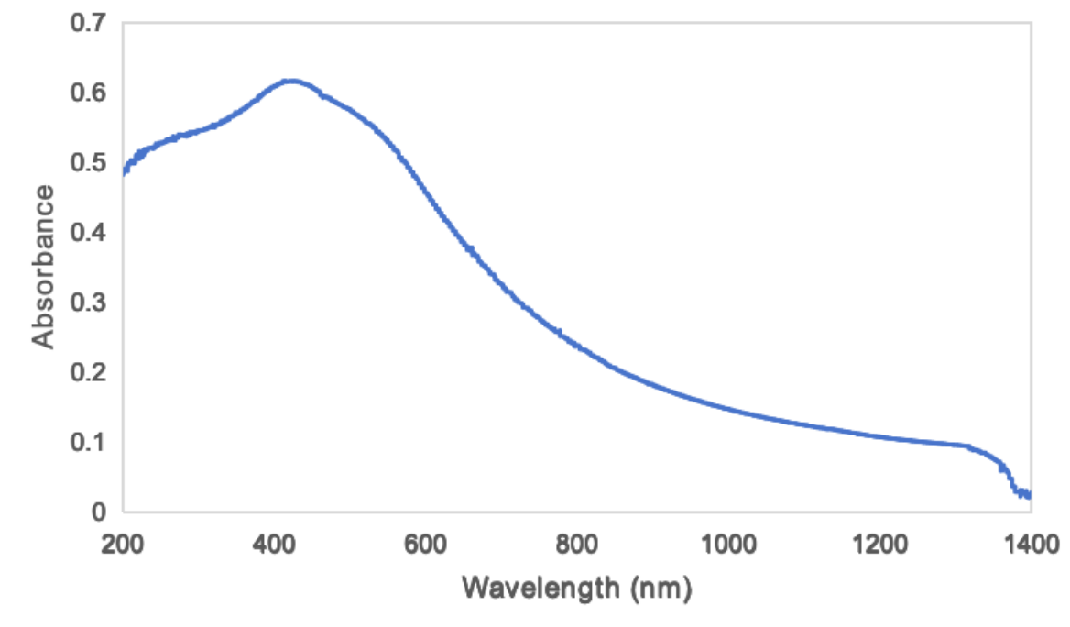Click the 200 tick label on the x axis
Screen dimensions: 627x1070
(x=123, y=544)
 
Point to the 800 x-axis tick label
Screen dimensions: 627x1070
(x=577, y=544)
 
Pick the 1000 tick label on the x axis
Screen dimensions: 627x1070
(x=728, y=544)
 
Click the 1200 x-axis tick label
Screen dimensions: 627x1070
(x=879, y=544)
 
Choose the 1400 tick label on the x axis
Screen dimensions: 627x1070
(x=1031, y=544)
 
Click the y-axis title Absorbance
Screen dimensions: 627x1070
(x=43, y=267)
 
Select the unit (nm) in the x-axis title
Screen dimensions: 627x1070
(x=660, y=587)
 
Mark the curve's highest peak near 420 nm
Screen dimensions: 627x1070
(x=290, y=82)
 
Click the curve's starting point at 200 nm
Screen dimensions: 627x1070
(x=124, y=170)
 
